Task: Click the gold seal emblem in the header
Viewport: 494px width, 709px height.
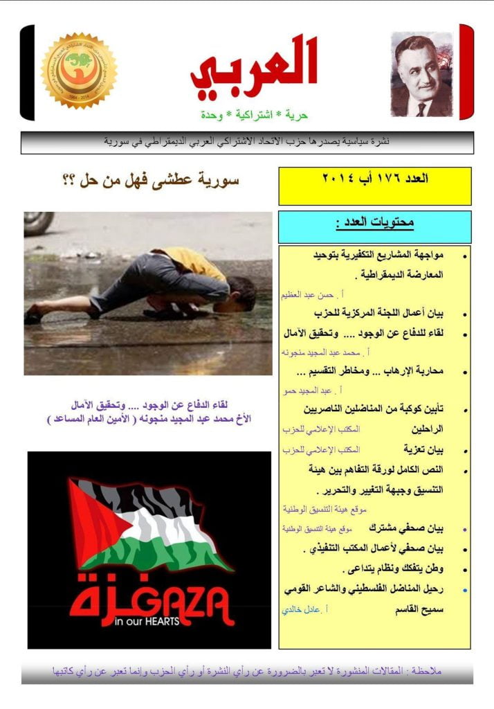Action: [x=79, y=71]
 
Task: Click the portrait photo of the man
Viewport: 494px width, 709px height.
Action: [x=421, y=74]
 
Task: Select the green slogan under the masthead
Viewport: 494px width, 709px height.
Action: [x=254, y=113]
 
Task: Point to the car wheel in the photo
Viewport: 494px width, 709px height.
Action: [x=38, y=223]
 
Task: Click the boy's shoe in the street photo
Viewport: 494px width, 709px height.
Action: [x=33, y=318]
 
